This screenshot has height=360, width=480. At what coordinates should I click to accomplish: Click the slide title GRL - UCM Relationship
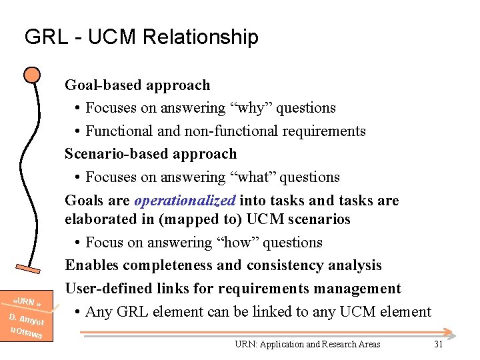(x=141, y=37)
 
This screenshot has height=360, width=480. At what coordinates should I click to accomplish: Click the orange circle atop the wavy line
(x=31, y=74)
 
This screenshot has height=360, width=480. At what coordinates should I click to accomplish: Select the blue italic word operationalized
(x=185, y=200)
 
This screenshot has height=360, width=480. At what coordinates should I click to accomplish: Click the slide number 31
(x=438, y=344)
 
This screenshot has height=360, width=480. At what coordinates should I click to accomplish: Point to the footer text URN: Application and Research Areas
(x=307, y=344)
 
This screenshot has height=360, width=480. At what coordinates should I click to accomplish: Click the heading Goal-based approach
(x=137, y=85)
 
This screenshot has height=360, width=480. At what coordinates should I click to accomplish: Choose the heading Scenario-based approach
(x=151, y=154)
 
